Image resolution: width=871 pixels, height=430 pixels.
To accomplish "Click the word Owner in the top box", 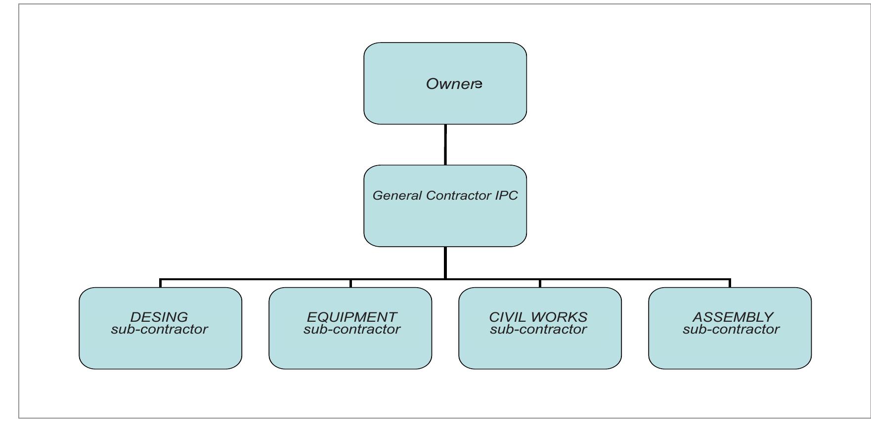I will [449, 84].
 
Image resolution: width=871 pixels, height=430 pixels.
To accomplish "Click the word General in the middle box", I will [397, 196].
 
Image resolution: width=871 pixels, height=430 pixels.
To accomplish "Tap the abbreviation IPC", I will [506, 196].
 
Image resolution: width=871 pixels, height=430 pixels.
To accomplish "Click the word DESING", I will [159, 317].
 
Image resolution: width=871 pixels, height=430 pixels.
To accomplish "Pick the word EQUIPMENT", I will [351, 317].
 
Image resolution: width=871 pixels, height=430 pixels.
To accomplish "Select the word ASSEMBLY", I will [733, 317].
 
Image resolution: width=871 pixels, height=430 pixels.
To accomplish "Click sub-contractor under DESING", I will [159, 330].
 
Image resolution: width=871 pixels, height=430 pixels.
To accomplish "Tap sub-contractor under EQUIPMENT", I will [351, 330].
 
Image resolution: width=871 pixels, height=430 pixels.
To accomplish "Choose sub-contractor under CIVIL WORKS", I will [538, 330].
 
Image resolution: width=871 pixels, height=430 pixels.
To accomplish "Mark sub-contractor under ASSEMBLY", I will [731, 330].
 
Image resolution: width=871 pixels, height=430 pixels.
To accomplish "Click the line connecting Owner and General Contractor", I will [445, 144].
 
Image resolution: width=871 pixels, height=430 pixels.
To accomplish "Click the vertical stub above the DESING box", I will [160, 283].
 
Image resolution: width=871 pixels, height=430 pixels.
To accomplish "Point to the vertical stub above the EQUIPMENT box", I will [350, 283].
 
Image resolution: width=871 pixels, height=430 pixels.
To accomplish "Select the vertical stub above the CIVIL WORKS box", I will [540, 283].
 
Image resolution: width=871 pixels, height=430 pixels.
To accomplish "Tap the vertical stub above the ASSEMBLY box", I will [730, 283].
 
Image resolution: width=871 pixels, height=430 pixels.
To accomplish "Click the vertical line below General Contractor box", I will [445, 262].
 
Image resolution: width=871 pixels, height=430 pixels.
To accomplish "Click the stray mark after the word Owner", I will [479, 85].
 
